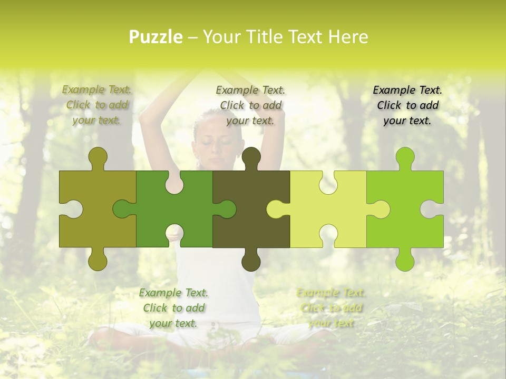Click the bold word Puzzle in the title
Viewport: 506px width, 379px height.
point(155,37)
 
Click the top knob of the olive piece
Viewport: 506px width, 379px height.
point(98,157)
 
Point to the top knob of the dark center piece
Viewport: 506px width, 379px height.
point(251,157)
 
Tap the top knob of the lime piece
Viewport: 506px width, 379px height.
point(405,157)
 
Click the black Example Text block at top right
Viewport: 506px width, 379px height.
point(407,105)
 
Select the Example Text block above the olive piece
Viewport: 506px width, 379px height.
point(97,105)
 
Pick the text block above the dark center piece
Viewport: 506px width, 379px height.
point(250,105)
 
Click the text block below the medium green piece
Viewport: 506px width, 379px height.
point(173,308)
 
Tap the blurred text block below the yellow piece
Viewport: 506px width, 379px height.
point(331,308)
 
